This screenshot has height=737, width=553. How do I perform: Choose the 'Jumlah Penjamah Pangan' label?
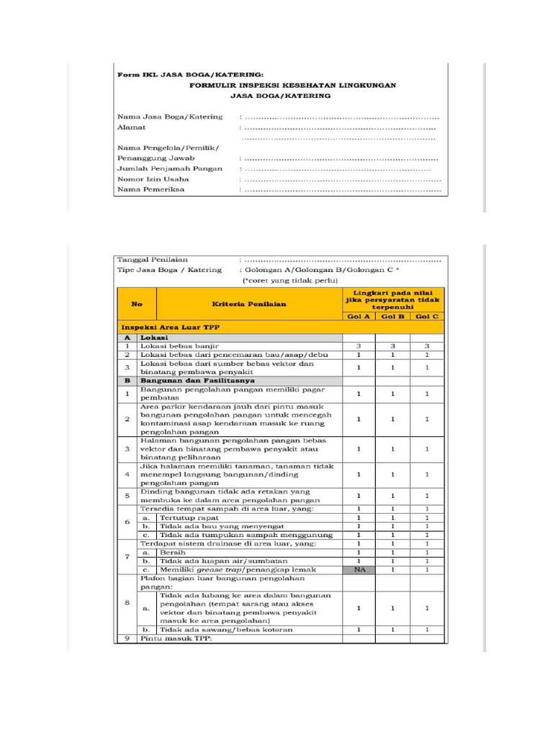(166, 168)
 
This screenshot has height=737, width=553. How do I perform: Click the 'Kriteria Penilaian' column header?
(248, 304)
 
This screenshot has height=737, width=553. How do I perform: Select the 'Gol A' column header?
(358, 317)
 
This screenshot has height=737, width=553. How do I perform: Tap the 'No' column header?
(136, 304)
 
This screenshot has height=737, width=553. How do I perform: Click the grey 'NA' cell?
(358, 569)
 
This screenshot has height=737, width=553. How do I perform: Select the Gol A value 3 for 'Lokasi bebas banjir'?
(358, 345)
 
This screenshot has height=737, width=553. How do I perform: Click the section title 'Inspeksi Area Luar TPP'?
(169, 327)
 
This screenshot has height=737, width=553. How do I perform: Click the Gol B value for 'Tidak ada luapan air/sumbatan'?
(392, 561)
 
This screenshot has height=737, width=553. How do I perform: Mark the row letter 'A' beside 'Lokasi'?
(127, 336)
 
